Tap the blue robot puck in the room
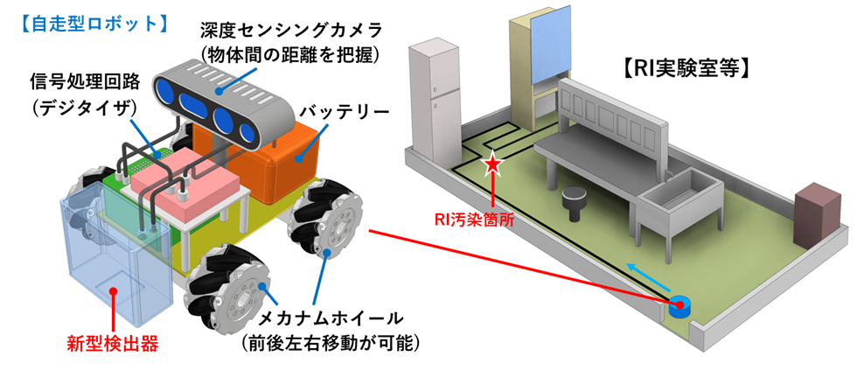coord(678,306)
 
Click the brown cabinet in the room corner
coord(814,214)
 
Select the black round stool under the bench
coord(576,200)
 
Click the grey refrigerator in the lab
coord(435,96)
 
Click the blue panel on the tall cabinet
coord(549,49)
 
